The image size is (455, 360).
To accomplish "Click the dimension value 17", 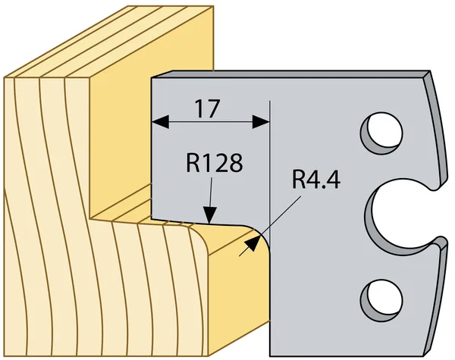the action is coord(208,109).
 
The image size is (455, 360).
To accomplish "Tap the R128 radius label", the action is coord(214,163).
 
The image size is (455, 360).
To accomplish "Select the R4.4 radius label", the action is coord(316,180).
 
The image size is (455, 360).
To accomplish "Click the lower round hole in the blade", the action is coord(381,299).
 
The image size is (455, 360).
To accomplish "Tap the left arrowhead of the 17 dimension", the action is coord(160,122).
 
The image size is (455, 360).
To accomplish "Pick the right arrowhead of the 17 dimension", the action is coord(261,122).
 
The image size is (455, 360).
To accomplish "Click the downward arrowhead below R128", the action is coord(209,215).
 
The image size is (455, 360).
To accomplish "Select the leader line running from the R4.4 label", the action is coord(270,226).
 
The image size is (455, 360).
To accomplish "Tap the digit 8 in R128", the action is coord(235,163).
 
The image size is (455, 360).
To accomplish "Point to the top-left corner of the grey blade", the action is coord(152,78).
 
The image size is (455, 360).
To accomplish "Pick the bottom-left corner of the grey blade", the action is coord(270,356).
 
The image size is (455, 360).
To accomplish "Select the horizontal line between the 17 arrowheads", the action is coord(211,122).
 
